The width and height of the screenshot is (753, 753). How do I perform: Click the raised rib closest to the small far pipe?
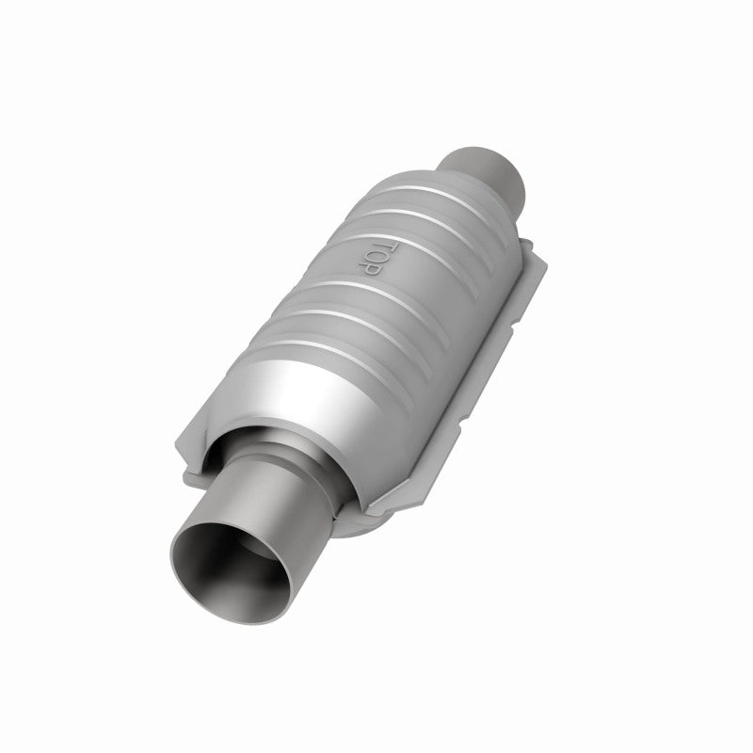point(414,184)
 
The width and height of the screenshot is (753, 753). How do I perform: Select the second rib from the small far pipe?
point(395,212)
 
